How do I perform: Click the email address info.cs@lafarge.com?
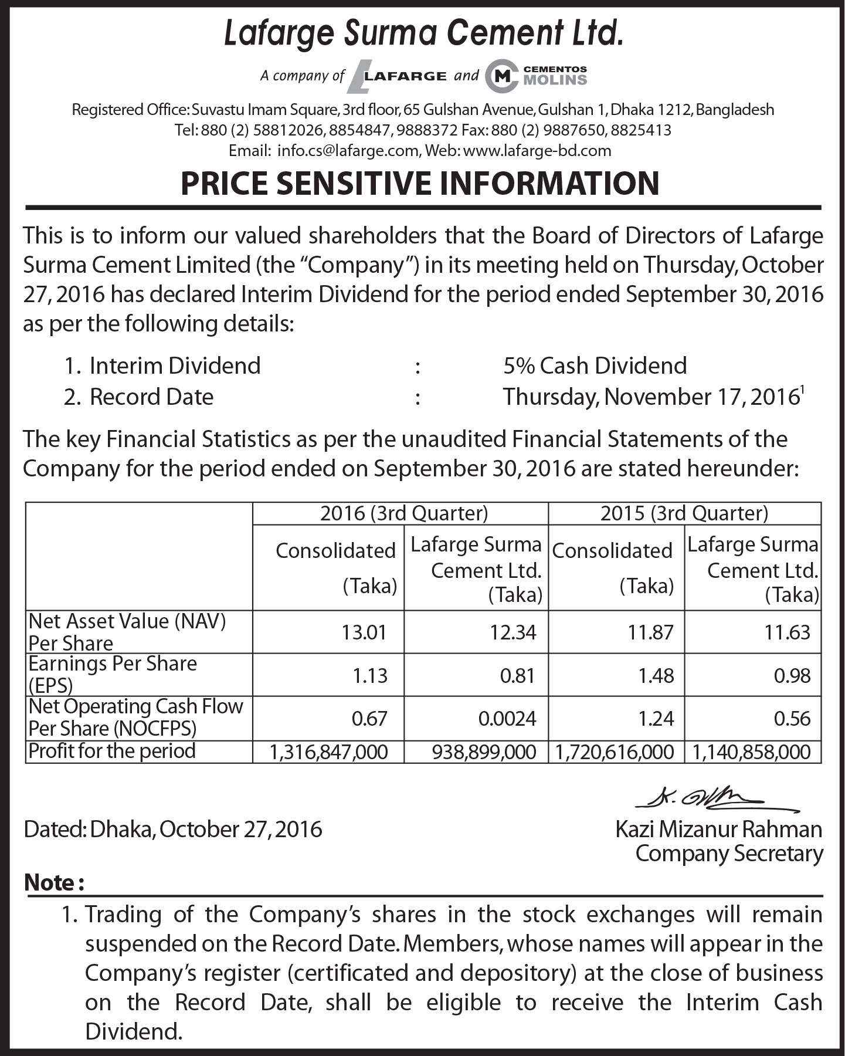pyautogui.click(x=348, y=151)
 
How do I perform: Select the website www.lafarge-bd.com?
pyautogui.click(x=537, y=151)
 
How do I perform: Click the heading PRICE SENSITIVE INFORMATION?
pyautogui.click(x=420, y=183)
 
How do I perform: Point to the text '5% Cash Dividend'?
pyautogui.click(x=595, y=365)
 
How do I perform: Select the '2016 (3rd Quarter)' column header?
pyautogui.click(x=403, y=513)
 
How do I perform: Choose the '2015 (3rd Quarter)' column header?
pyautogui.click(x=684, y=513)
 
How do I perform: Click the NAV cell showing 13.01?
pyautogui.click(x=364, y=632)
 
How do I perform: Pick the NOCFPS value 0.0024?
pyautogui.click(x=507, y=719)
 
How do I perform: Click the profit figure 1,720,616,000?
pyautogui.click(x=615, y=752)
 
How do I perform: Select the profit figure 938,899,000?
pyautogui.click(x=484, y=752)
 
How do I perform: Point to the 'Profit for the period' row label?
pyautogui.click(x=112, y=751)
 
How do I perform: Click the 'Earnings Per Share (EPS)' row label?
pyautogui.click(x=112, y=674)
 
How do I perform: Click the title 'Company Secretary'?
pyautogui.click(x=729, y=854)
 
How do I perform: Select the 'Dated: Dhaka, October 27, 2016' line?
pyautogui.click(x=173, y=829)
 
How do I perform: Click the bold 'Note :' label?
pyautogui.click(x=54, y=882)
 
